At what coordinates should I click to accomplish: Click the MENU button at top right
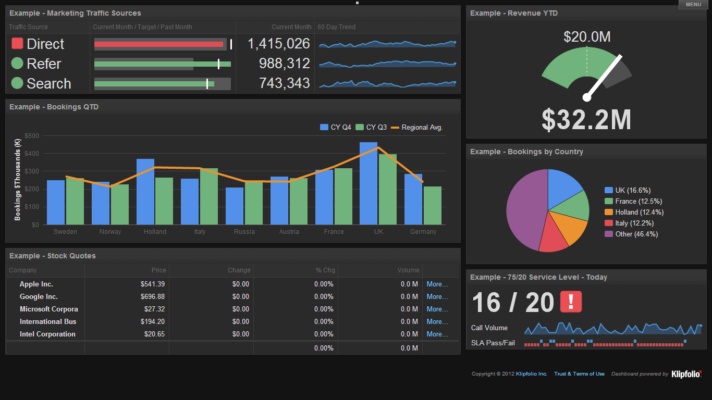pyautogui.click(x=693, y=5)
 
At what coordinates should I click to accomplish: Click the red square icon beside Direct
pyautogui.click(x=17, y=44)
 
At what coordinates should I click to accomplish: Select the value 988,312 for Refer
pyautogui.click(x=284, y=64)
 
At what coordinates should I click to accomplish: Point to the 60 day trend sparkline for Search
pyautogui.click(x=387, y=83)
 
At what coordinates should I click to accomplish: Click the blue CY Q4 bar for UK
pyautogui.click(x=369, y=183)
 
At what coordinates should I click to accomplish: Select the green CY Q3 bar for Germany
pyautogui.click(x=433, y=205)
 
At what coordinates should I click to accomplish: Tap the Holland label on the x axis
pyautogui.click(x=155, y=232)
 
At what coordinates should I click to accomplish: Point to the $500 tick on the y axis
pyautogui.click(x=32, y=136)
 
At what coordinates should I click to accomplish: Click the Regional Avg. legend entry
pyautogui.click(x=416, y=128)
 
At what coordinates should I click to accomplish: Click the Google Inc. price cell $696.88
pyautogui.click(x=152, y=297)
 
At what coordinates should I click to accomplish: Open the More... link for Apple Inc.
pyautogui.click(x=437, y=284)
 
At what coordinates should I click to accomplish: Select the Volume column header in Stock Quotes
pyautogui.click(x=408, y=270)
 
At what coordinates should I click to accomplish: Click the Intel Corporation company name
pyautogui.click(x=47, y=334)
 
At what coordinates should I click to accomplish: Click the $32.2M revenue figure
pyautogui.click(x=586, y=120)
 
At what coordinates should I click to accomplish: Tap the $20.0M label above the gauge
pyautogui.click(x=587, y=37)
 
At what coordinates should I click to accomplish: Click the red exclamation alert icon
pyautogui.click(x=571, y=302)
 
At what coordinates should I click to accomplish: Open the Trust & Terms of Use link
pyautogui.click(x=579, y=374)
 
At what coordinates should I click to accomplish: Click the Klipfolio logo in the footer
pyautogui.click(x=686, y=374)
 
